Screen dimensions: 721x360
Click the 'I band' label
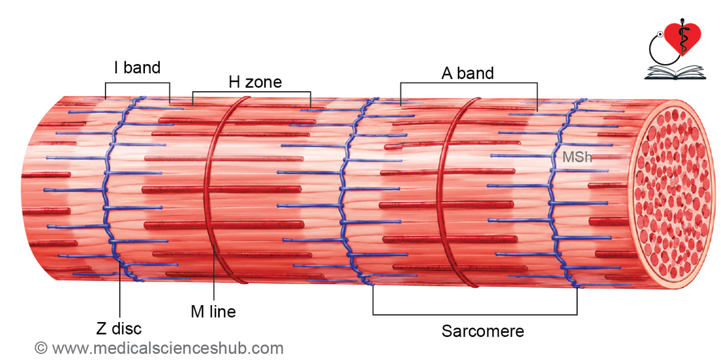(x=137, y=68)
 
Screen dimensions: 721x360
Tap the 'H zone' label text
(x=255, y=82)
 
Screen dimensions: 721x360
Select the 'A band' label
(x=468, y=73)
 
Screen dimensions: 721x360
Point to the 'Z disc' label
(x=118, y=329)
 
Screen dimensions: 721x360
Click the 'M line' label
(x=213, y=311)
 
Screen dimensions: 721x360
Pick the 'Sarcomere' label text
(x=483, y=331)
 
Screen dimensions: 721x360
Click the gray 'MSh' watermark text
(x=577, y=157)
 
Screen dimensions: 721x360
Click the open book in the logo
(x=675, y=73)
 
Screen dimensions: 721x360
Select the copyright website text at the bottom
(x=159, y=347)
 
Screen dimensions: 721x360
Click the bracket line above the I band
(x=137, y=83)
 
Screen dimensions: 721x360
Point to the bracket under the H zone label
(x=251, y=92)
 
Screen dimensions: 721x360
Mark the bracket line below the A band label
(x=468, y=83)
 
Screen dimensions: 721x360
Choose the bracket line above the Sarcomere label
(x=475, y=315)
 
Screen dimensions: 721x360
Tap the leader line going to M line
(x=214, y=273)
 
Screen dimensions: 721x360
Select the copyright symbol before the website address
(x=42, y=347)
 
